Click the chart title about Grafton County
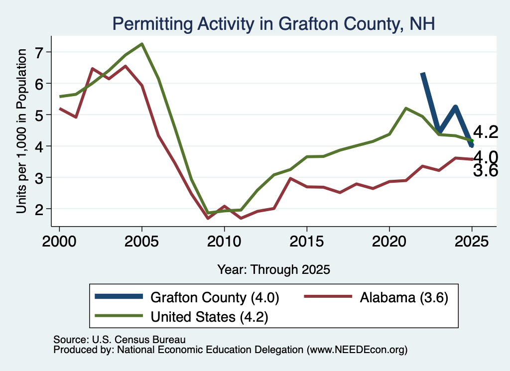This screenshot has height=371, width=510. point(273,24)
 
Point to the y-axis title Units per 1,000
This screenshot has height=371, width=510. point(21,131)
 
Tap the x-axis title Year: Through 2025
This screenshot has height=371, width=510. point(273,269)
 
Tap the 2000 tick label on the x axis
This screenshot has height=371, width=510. point(59,242)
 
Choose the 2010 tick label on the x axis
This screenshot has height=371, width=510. point(224,242)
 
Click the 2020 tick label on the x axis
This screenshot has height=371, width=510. point(389,242)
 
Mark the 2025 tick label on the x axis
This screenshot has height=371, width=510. point(472,242)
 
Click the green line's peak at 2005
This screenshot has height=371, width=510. point(142,44)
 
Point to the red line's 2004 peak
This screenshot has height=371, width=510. point(125,66)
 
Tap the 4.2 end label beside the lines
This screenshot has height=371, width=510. point(486,132)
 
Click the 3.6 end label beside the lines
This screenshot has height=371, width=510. point(486,171)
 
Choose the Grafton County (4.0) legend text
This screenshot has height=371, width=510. point(215,297)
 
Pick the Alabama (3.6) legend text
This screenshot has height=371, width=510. point(404,297)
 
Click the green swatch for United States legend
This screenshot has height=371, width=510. point(119,316)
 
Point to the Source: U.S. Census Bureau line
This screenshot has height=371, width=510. point(120,340)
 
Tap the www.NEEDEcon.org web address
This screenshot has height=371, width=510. point(357,350)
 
